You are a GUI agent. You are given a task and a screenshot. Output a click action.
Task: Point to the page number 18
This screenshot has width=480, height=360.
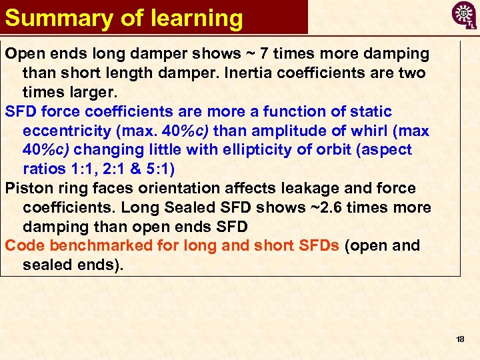(460, 339)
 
